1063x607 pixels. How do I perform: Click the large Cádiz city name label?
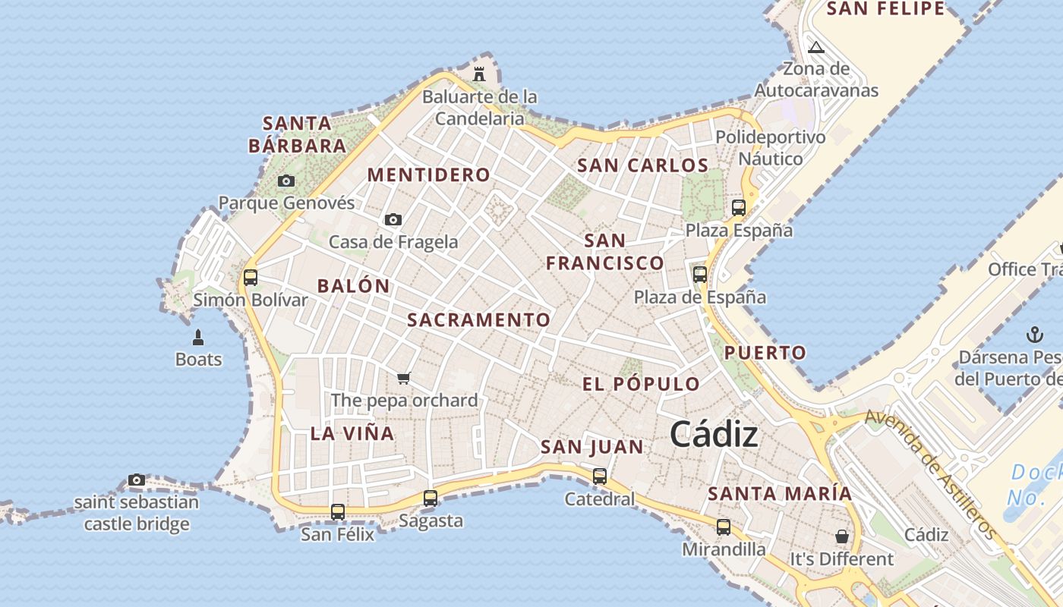(714, 435)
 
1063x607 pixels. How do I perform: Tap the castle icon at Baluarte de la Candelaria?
(479, 74)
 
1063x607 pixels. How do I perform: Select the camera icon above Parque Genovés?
(286, 181)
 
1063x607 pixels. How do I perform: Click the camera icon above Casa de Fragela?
(393, 219)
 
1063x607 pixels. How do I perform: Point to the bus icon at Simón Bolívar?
(251, 277)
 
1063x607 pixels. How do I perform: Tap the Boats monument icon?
(198, 337)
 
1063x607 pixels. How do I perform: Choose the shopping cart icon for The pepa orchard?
(404, 378)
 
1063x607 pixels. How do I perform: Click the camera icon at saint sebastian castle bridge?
(137, 480)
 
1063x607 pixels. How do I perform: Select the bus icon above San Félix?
(338, 512)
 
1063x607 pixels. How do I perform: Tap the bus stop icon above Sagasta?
(431, 498)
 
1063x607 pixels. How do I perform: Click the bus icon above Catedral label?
(600, 476)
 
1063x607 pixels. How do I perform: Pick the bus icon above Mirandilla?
(724, 527)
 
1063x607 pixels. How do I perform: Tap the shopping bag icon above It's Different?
(842, 536)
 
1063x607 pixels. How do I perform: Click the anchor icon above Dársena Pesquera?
(1034, 334)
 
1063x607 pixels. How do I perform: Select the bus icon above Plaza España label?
(739, 207)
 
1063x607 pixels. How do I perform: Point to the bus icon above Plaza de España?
(700, 275)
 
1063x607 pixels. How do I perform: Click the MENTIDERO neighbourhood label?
(429, 175)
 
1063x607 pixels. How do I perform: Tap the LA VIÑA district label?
(352, 434)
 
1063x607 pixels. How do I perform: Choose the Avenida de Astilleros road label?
(930, 474)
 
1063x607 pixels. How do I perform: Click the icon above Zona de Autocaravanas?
(816, 48)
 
